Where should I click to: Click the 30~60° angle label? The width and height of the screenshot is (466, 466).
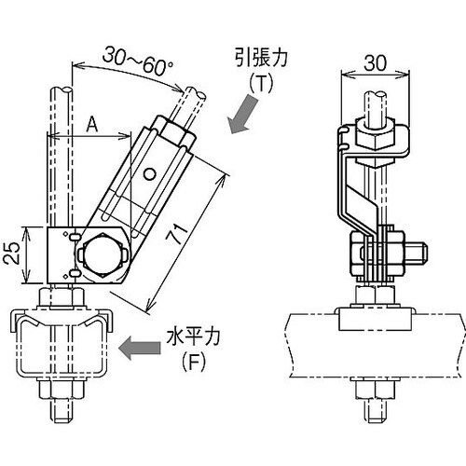coord(138,61)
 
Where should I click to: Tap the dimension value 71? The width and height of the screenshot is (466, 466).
coord(177,233)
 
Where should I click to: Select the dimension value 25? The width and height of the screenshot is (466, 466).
coord(13,253)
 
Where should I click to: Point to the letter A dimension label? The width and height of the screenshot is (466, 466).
coord(91,125)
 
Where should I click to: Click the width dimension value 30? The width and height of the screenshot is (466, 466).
coord(376,63)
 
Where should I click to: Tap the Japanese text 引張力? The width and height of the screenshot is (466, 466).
coord(261,59)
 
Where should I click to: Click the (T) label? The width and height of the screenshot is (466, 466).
coord(261,83)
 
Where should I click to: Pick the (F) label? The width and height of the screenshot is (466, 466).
coord(193,363)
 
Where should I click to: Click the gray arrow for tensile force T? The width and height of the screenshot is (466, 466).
coord(242,114)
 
